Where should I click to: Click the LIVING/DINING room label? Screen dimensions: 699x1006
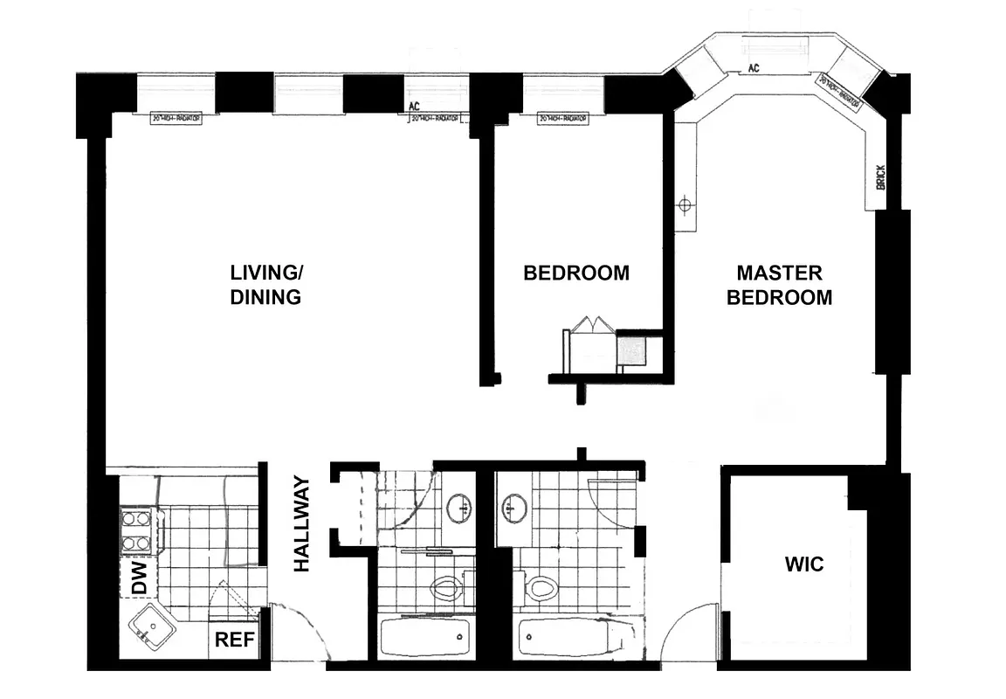tap(265, 284)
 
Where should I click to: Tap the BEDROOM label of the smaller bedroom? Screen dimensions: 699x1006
tap(575, 273)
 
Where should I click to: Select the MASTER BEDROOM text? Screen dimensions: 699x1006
tap(779, 285)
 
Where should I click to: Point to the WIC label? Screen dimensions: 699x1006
tap(803, 564)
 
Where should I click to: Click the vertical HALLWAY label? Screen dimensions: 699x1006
tap(302, 523)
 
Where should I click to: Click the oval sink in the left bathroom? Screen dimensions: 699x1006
tap(458, 507)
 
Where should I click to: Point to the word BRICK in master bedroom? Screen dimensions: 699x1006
tap(879, 178)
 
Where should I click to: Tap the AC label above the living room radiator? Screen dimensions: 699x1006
tap(415, 107)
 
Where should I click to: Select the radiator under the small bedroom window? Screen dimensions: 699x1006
tap(562, 118)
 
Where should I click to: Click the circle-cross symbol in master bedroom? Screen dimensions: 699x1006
tap(686, 204)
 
